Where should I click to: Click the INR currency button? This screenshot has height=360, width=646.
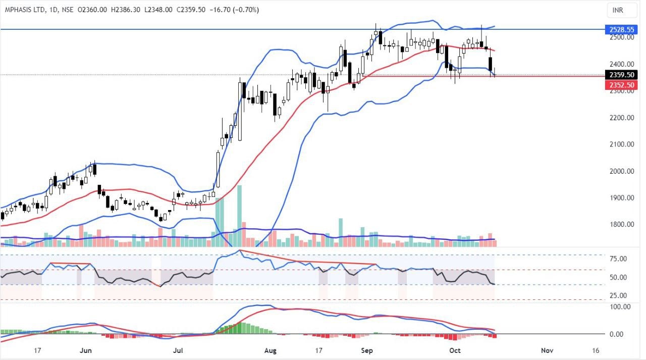617,10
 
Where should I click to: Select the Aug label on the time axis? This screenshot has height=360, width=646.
271,350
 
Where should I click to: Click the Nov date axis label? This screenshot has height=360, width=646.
547,350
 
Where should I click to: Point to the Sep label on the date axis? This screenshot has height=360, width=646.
367,350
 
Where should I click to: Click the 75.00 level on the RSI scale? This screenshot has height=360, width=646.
618,259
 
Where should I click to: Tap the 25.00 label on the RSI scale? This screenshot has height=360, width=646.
618,296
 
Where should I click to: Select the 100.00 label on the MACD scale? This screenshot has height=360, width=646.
618,306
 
